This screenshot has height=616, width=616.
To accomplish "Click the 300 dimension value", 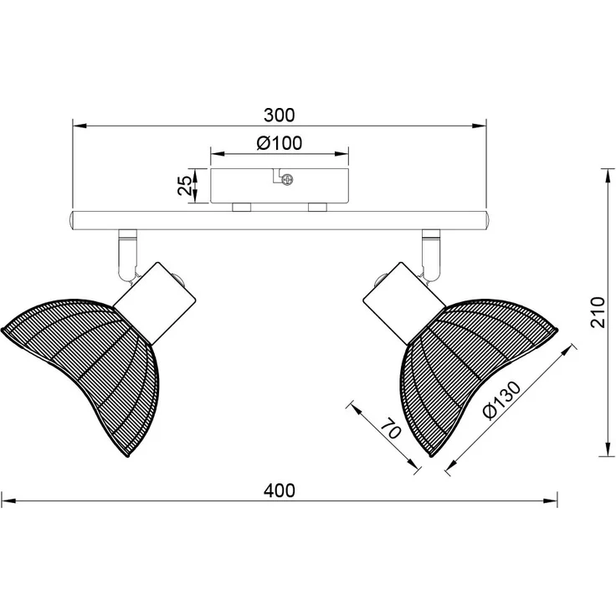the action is (279, 116).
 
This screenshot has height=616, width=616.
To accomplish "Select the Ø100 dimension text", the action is (280, 143).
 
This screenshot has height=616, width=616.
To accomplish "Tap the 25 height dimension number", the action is (185, 186).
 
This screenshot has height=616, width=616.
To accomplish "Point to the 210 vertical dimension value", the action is (598, 312).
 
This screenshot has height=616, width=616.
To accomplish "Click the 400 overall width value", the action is (280, 490).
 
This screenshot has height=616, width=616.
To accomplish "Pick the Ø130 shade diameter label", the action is (502, 400).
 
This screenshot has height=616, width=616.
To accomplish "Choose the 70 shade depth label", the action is (392, 429).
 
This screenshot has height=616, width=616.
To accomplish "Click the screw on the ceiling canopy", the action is (288, 180).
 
